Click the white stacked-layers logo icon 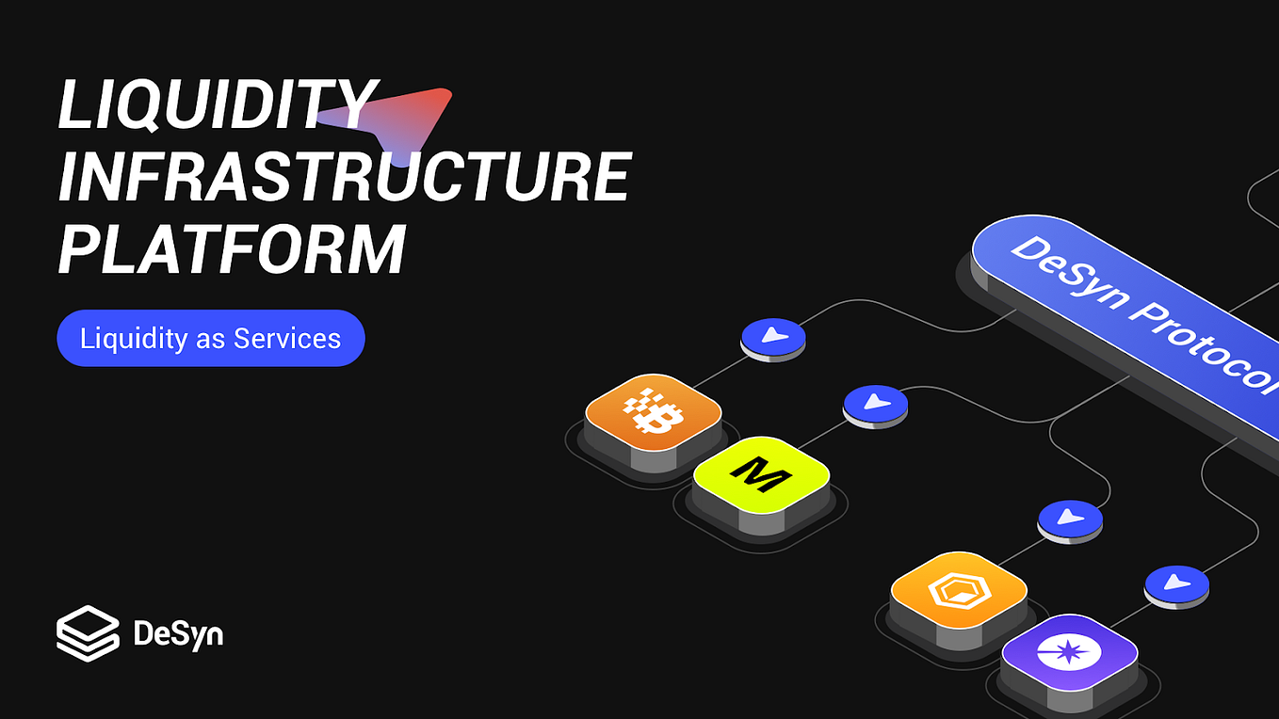pos(88,632)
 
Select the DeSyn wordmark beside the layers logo pos(178,634)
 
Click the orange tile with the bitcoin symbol pos(653,412)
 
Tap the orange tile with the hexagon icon pos(958,590)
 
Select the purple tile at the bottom pos(1069,651)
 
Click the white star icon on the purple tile pos(1069,651)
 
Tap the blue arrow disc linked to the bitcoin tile pos(773,335)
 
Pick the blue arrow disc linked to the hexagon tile pos(1070,518)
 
